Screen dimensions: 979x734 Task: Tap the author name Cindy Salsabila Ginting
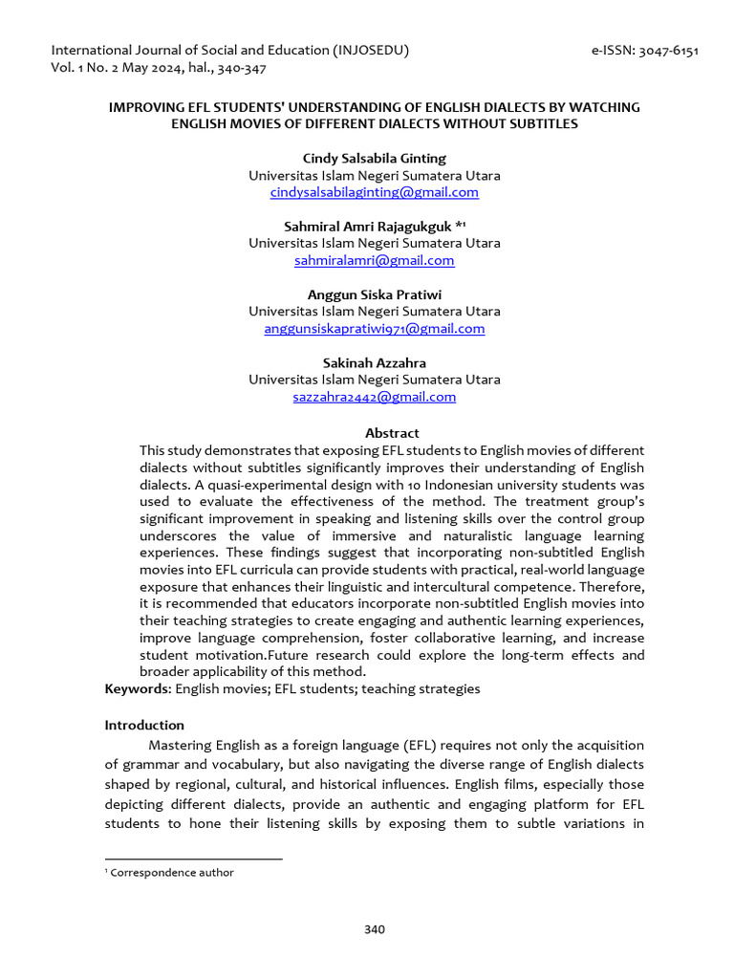point(374,158)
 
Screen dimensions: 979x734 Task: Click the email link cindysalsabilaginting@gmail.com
point(374,192)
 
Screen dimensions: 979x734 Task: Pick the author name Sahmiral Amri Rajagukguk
point(368,226)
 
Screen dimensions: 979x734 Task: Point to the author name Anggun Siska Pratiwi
point(374,294)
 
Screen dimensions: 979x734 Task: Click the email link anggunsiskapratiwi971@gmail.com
point(374,328)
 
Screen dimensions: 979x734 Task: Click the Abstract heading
point(392,433)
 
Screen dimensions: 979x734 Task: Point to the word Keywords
point(136,688)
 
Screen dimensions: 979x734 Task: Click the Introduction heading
point(144,725)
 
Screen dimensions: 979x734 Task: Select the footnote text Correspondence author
point(172,872)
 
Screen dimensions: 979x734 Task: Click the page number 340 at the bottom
point(374,929)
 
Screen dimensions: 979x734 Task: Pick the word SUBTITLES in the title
point(545,124)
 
